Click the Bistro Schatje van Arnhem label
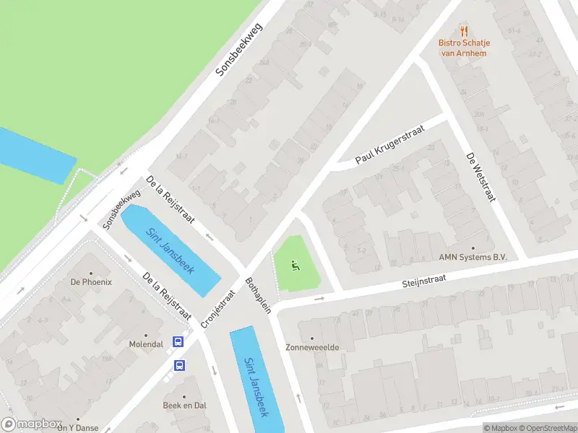(463, 48)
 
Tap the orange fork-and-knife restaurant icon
(464, 31)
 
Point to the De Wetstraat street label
(480, 177)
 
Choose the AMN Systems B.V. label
(473, 257)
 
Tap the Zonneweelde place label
(312, 347)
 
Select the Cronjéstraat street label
(218, 310)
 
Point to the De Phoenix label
(91, 281)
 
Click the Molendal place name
(147, 344)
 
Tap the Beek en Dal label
(185, 406)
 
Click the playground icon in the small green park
(294, 266)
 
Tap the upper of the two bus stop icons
(178, 342)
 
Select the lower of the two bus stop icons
(178, 365)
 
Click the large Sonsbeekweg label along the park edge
(239, 49)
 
